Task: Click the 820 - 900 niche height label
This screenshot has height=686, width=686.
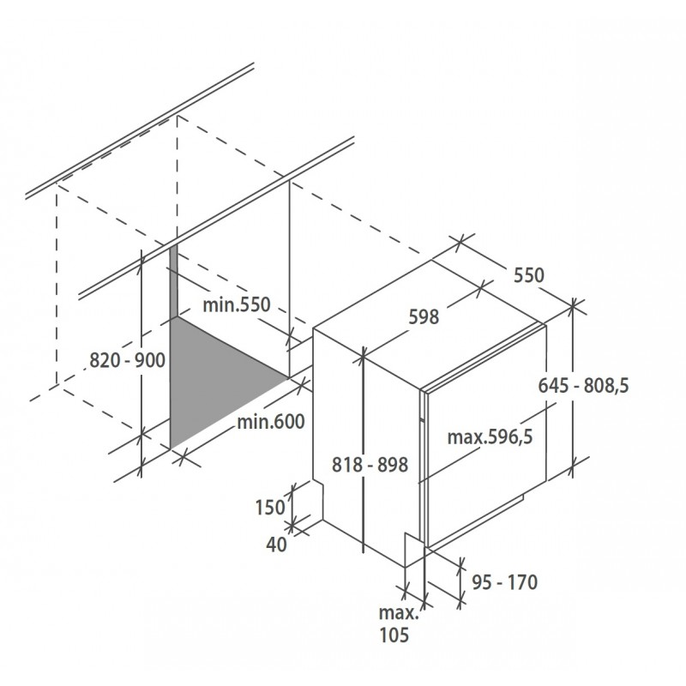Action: click(127, 360)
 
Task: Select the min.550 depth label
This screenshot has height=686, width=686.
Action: click(237, 304)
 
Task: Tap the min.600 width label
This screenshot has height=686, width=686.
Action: click(271, 422)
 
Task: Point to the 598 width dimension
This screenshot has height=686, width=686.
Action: click(424, 316)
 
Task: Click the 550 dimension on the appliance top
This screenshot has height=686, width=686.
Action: click(529, 275)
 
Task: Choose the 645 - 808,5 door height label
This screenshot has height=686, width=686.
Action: click(583, 386)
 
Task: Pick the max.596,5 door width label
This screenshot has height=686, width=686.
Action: click(490, 436)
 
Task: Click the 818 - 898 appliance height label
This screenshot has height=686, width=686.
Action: click(370, 465)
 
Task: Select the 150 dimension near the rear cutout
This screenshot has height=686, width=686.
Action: click(270, 508)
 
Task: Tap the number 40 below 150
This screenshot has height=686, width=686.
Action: click(276, 545)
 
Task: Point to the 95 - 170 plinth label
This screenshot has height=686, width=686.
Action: click(505, 582)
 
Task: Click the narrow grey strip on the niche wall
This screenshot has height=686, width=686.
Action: click(174, 280)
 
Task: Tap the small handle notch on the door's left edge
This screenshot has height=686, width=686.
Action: click(422, 421)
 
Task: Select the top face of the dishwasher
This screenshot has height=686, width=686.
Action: click(430, 324)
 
